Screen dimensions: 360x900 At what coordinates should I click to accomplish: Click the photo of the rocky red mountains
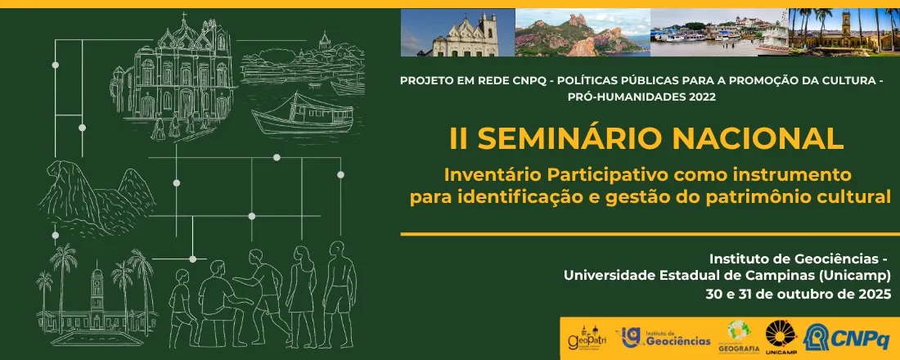pos(582,33)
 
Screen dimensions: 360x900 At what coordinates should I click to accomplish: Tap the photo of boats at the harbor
pos(718,33)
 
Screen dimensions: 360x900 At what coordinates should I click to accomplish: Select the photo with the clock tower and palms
pos(843,33)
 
